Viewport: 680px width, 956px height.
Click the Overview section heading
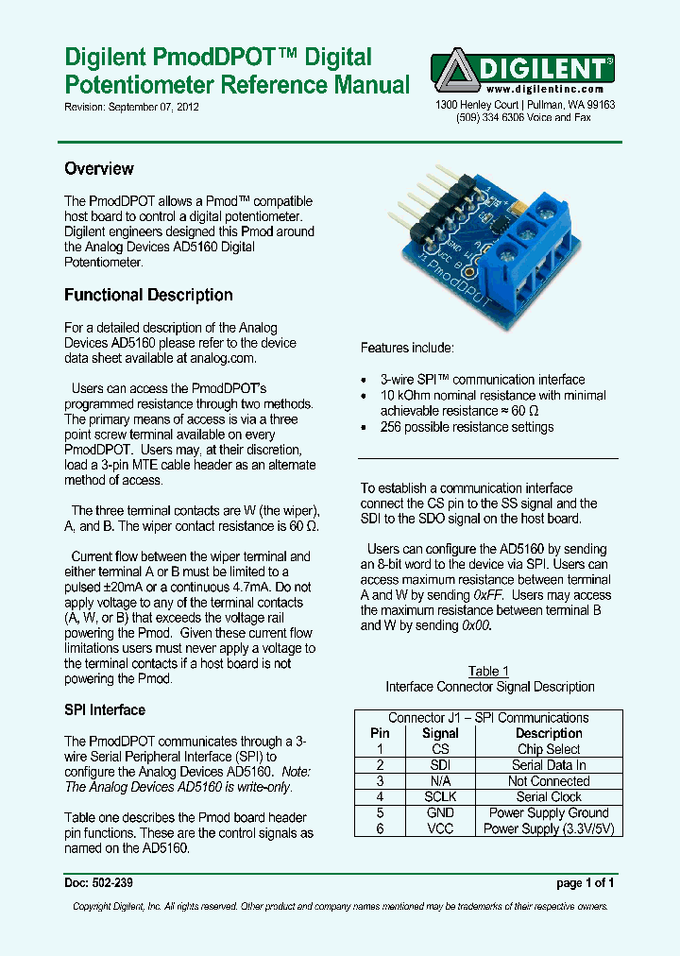pyautogui.click(x=99, y=169)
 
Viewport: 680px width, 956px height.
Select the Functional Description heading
pyautogui.click(x=148, y=295)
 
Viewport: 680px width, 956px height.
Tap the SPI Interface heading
pyautogui.click(x=105, y=709)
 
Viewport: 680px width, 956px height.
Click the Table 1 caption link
pyautogui.click(x=488, y=672)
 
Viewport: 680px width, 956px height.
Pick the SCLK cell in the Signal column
pyautogui.click(x=440, y=797)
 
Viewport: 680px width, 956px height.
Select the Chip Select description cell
pyautogui.click(x=549, y=749)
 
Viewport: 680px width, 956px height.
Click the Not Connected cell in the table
pyautogui.click(x=549, y=781)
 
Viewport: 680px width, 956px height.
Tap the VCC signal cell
pyautogui.click(x=440, y=828)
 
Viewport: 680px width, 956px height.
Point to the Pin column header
pyautogui.click(x=380, y=733)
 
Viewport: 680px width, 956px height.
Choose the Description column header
pyautogui.click(x=549, y=733)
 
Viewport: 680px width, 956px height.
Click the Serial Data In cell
pyautogui.click(x=549, y=765)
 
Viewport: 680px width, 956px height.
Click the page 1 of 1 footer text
pyautogui.click(x=586, y=884)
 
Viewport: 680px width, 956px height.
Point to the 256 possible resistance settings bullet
pyautogui.click(x=467, y=427)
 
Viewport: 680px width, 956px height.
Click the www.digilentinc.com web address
pyautogui.click(x=545, y=89)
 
